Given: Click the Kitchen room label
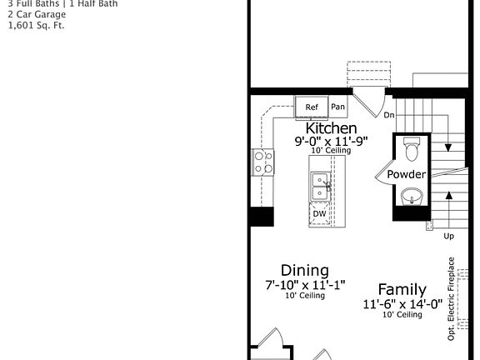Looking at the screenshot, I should pyautogui.click(x=332, y=128).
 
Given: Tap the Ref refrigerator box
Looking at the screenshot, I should pyautogui.click(x=312, y=107).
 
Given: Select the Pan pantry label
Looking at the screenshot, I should pyautogui.click(x=337, y=107).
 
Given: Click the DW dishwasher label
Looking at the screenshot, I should pyautogui.click(x=319, y=213).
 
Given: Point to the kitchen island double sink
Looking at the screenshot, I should pyautogui.click(x=319, y=187).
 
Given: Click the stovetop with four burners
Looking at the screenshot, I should pyautogui.click(x=262, y=162).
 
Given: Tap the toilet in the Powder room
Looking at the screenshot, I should pyautogui.click(x=412, y=150).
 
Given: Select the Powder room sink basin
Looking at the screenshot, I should pyautogui.click(x=412, y=197).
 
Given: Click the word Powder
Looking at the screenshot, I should pyautogui.click(x=407, y=174).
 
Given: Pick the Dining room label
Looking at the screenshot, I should pyautogui.click(x=304, y=270).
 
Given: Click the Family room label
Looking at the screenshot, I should pyautogui.click(x=402, y=289).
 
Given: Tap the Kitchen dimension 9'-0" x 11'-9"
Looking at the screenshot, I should pyautogui.click(x=332, y=142).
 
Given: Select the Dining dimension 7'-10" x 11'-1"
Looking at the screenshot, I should pyautogui.click(x=304, y=285).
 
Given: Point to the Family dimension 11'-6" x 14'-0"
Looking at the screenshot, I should pyautogui.click(x=402, y=304).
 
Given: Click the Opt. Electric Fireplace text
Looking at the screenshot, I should pyautogui.click(x=451, y=298).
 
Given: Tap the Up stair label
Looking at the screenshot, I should pyautogui.click(x=448, y=236).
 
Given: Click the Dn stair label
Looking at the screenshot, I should pyautogui.click(x=388, y=116).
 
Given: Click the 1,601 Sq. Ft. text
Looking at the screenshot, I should pyautogui.click(x=36, y=25).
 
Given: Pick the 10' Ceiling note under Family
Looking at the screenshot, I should pyautogui.click(x=402, y=315).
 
